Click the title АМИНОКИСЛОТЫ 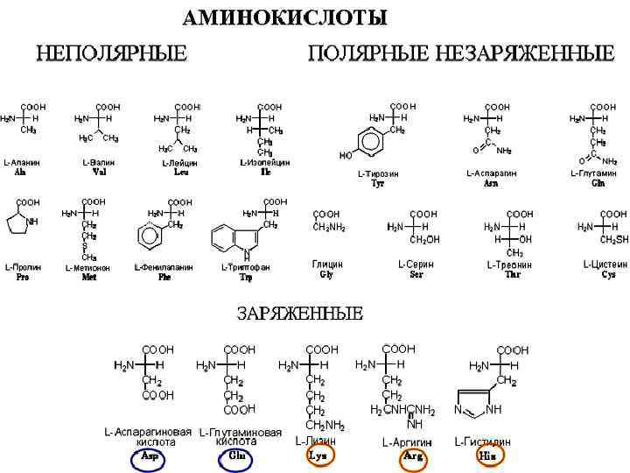coord(285,18)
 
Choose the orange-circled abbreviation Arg coord(414,457)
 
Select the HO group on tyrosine coord(346,156)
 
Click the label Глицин coord(327,264)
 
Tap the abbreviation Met coord(89,278)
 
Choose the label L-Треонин coord(511,264)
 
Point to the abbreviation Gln coord(598,184)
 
